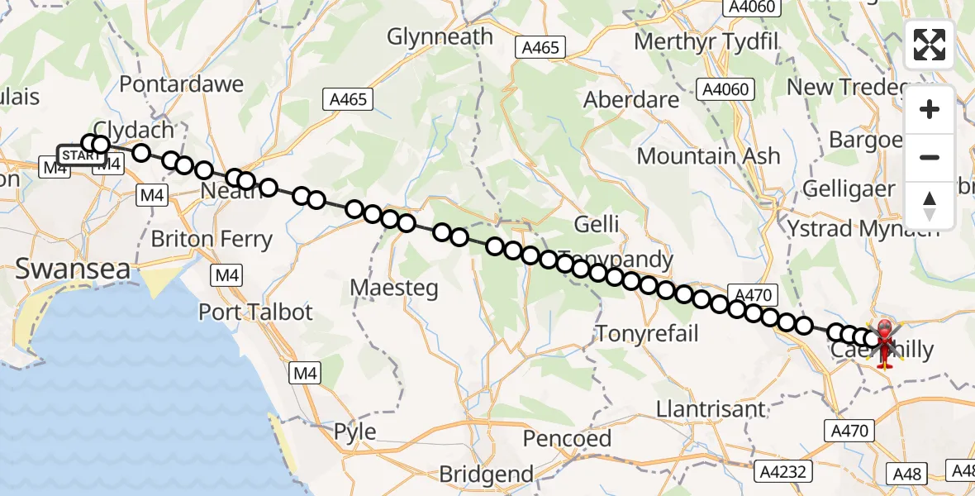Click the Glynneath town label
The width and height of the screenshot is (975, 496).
[440, 37]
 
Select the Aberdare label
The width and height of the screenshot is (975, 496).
[631, 100]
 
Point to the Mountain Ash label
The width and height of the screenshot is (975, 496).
[708, 155]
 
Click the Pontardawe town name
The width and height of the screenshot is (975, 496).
[182, 84]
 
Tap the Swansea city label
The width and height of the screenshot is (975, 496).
[73, 269]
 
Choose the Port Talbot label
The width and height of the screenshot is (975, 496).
[255, 312]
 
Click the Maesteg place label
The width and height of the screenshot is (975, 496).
[393, 288]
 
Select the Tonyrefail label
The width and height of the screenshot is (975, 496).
[647, 333]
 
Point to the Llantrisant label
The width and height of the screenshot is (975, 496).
[711, 408]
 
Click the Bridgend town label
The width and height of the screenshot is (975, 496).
[486, 475]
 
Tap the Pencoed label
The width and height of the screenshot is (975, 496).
[567, 438]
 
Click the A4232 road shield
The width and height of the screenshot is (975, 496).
[784, 471]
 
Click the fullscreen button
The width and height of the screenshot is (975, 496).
[930, 45]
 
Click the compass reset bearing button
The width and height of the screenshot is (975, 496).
[930, 205]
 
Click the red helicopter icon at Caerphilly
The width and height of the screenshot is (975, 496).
[885, 343]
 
